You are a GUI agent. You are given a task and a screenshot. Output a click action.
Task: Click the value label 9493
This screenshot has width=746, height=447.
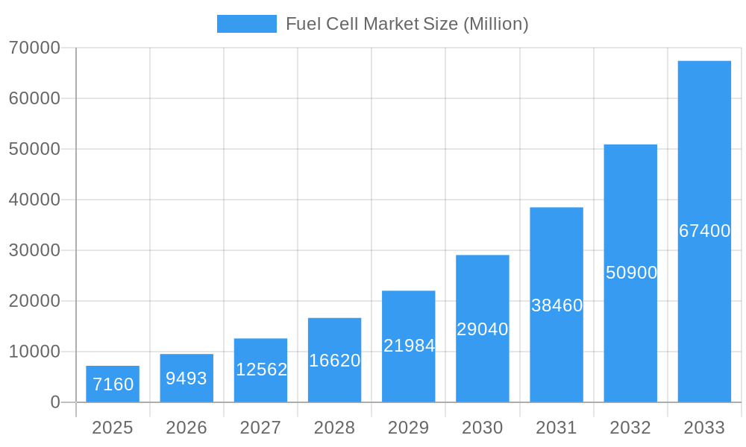(x=186, y=378)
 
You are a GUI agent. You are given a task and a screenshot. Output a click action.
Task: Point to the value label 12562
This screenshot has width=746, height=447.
(x=261, y=370)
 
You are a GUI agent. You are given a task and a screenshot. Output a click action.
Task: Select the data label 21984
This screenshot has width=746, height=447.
(x=409, y=346)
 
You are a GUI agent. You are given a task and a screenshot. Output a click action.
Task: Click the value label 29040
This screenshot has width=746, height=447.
(x=483, y=329)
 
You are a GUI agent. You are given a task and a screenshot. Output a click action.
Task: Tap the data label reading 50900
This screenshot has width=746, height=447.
(x=631, y=273)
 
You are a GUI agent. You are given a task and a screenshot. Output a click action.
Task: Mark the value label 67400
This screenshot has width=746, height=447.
(x=704, y=231)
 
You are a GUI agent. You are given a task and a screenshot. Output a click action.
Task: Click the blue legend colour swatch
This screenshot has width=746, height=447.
(x=246, y=24)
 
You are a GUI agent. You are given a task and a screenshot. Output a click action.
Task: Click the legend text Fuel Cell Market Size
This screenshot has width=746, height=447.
(x=407, y=24)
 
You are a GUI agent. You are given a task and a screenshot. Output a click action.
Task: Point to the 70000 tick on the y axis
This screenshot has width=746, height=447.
(x=34, y=48)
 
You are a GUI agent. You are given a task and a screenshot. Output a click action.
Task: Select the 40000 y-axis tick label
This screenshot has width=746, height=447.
(x=34, y=200)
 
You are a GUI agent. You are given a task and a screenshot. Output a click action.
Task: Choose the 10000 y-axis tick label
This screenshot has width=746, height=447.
(x=34, y=352)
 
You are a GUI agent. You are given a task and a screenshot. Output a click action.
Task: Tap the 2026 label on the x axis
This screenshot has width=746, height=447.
(x=186, y=428)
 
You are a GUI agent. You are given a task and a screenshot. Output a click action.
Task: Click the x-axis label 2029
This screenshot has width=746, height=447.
(x=409, y=428)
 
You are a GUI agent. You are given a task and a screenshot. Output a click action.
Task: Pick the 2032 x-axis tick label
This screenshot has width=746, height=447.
(x=630, y=428)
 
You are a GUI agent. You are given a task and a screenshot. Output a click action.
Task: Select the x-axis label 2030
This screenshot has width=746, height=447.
(x=483, y=428)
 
